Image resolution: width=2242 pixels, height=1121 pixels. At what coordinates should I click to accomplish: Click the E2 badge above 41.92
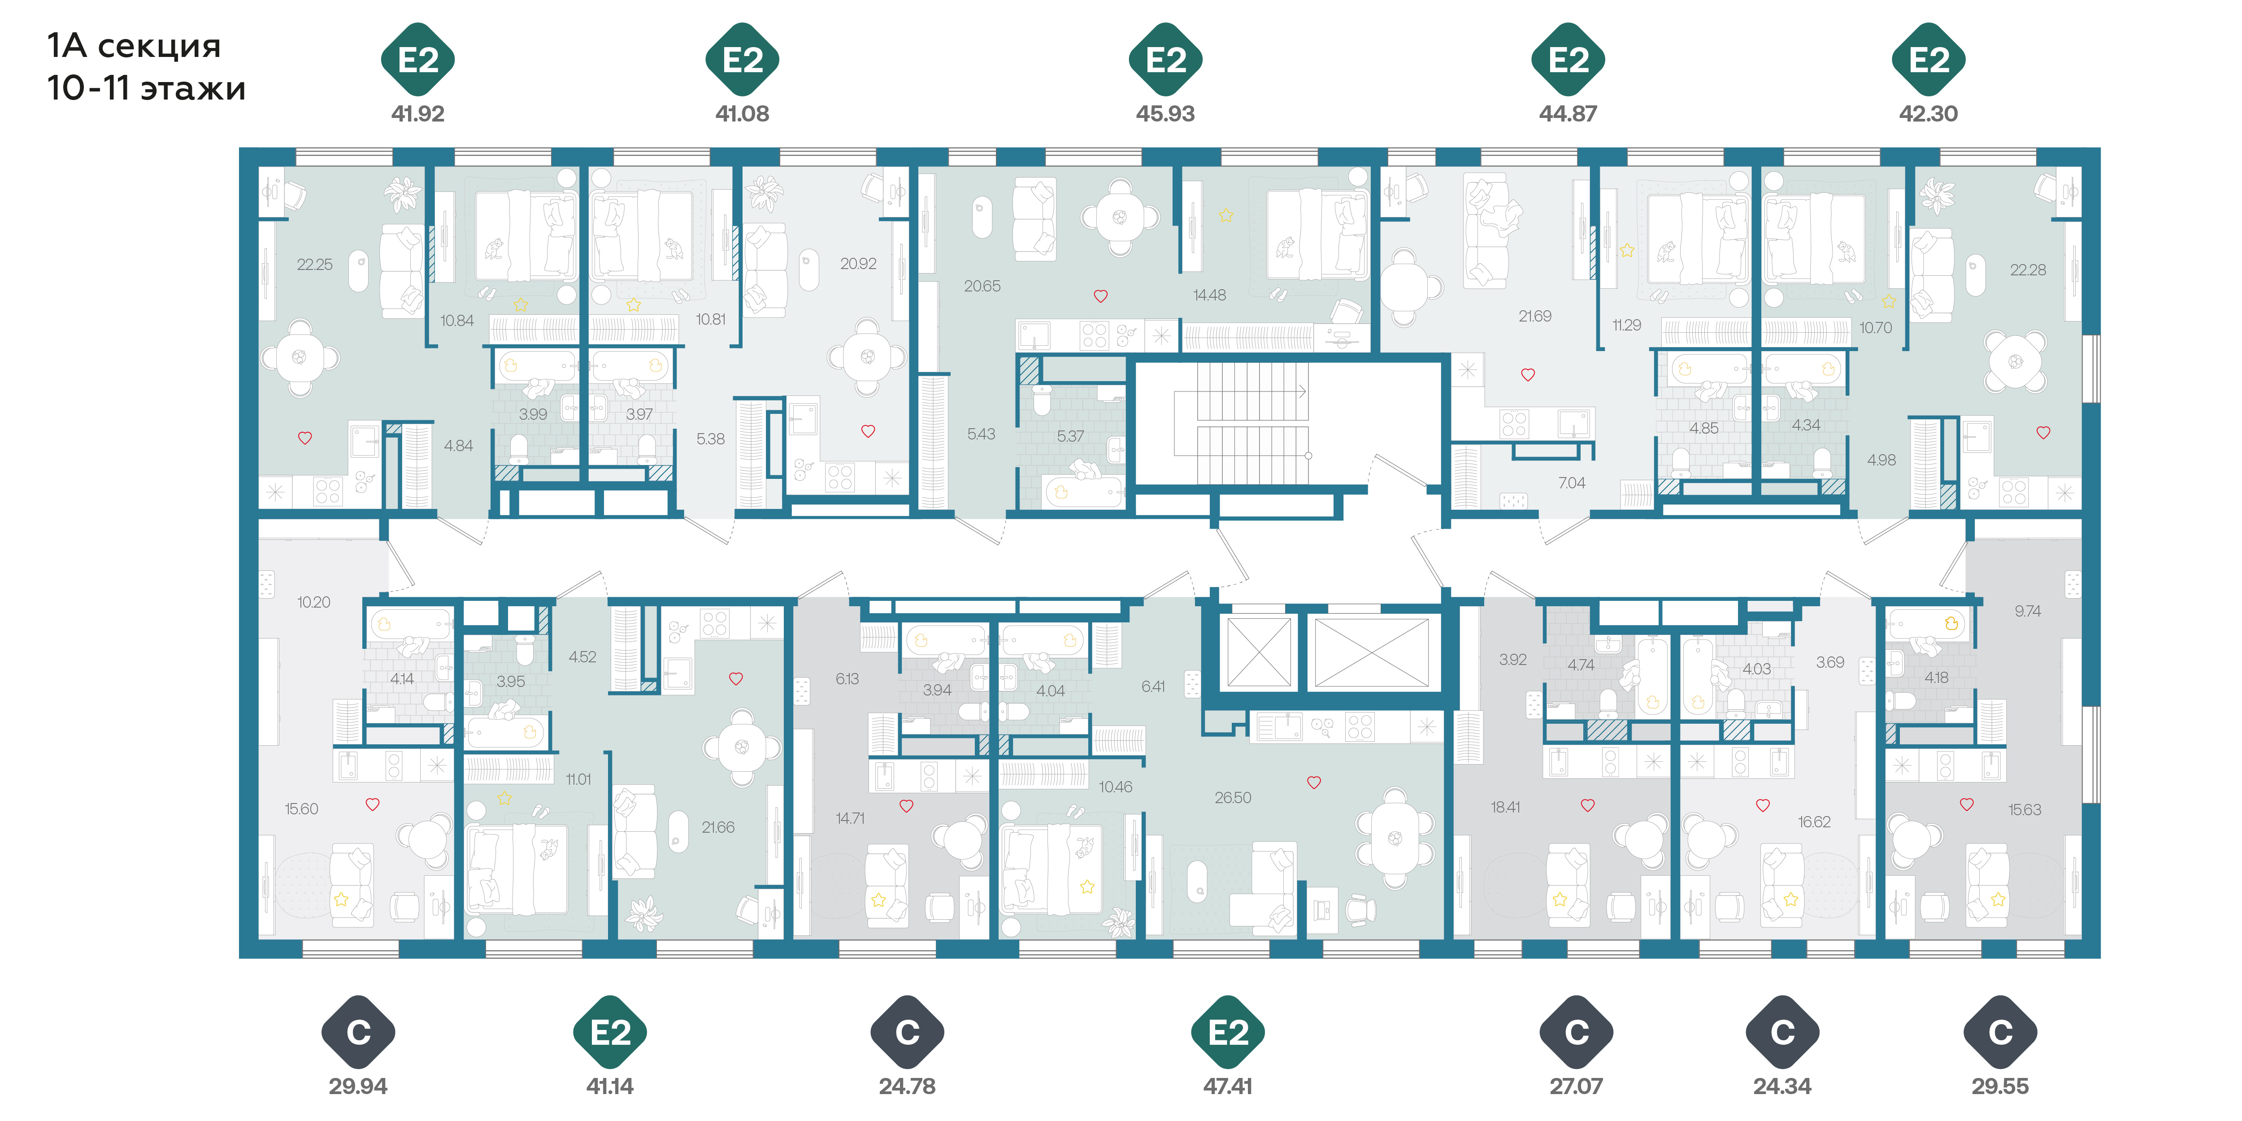(418, 59)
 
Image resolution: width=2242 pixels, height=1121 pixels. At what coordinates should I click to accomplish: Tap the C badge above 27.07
(1576, 1032)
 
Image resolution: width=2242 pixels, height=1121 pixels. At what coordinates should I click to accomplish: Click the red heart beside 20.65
(1100, 296)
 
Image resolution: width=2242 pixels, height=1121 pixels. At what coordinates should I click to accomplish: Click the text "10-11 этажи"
(146, 88)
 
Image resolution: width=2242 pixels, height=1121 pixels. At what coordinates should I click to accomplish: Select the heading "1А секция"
(134, 45)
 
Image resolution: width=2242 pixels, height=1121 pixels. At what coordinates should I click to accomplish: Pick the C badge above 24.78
(907, 1032)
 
